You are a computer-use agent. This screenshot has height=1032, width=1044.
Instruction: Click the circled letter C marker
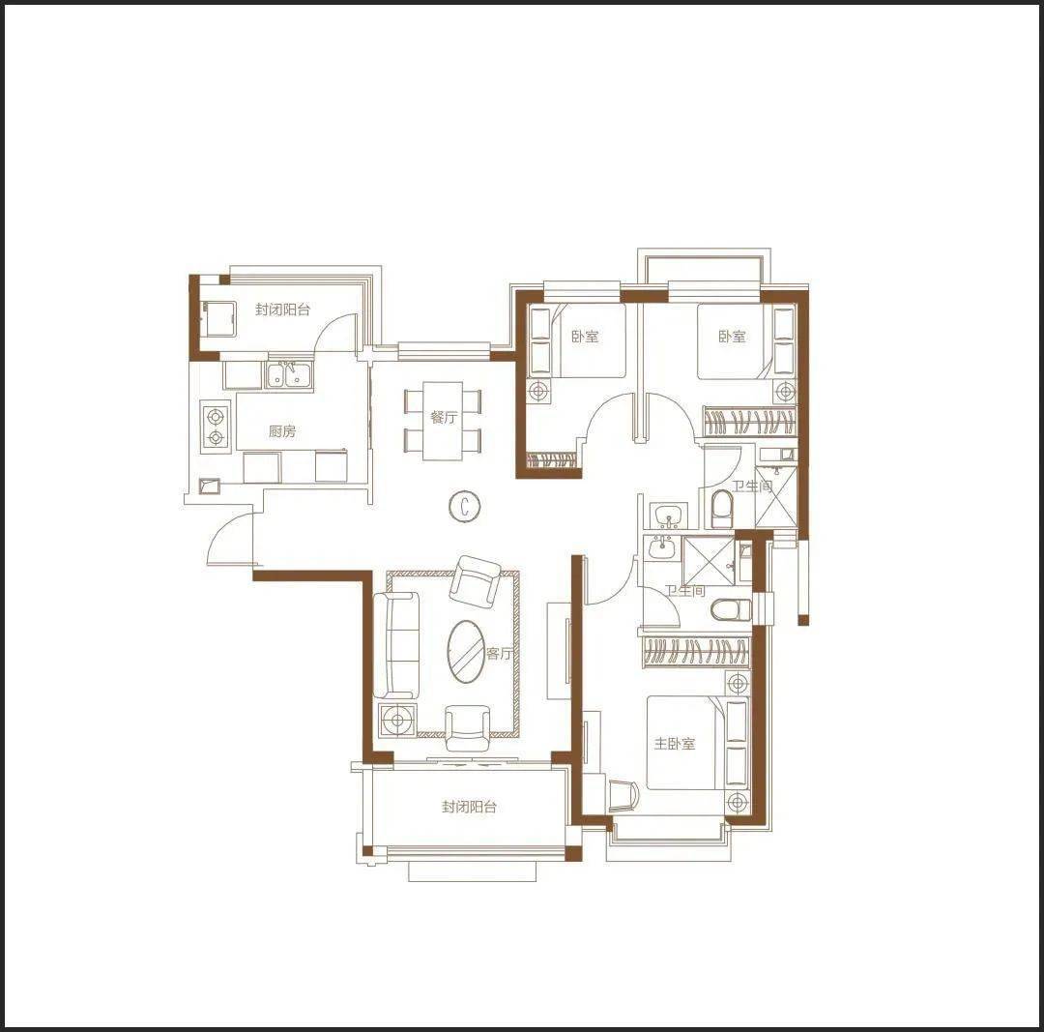click(464, 507)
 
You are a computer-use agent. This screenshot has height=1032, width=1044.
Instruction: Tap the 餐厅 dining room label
click(444, 418)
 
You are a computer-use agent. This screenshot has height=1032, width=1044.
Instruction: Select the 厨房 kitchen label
click(282, 431)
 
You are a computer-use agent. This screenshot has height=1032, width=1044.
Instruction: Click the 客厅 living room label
click(499, 654)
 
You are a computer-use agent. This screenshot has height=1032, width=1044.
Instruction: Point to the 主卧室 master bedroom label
click(674, 744)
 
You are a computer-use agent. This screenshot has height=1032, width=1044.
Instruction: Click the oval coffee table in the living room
click(465, 652)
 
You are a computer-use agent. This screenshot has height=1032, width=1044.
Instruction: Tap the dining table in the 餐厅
click(443, 421)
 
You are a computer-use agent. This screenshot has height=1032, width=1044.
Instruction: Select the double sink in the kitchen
click(288, 376)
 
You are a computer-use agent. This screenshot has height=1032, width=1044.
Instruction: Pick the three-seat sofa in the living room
click(395, 645)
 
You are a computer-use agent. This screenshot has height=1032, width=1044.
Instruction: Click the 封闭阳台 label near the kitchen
click(282, 310)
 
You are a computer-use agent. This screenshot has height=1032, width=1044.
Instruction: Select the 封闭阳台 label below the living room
click(470, 807)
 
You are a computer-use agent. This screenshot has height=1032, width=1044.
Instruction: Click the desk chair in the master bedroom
click(623, 795)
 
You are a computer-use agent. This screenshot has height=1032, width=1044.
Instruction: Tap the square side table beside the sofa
click(397, 720)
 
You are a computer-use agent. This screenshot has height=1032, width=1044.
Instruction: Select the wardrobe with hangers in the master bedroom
click(696, 652)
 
